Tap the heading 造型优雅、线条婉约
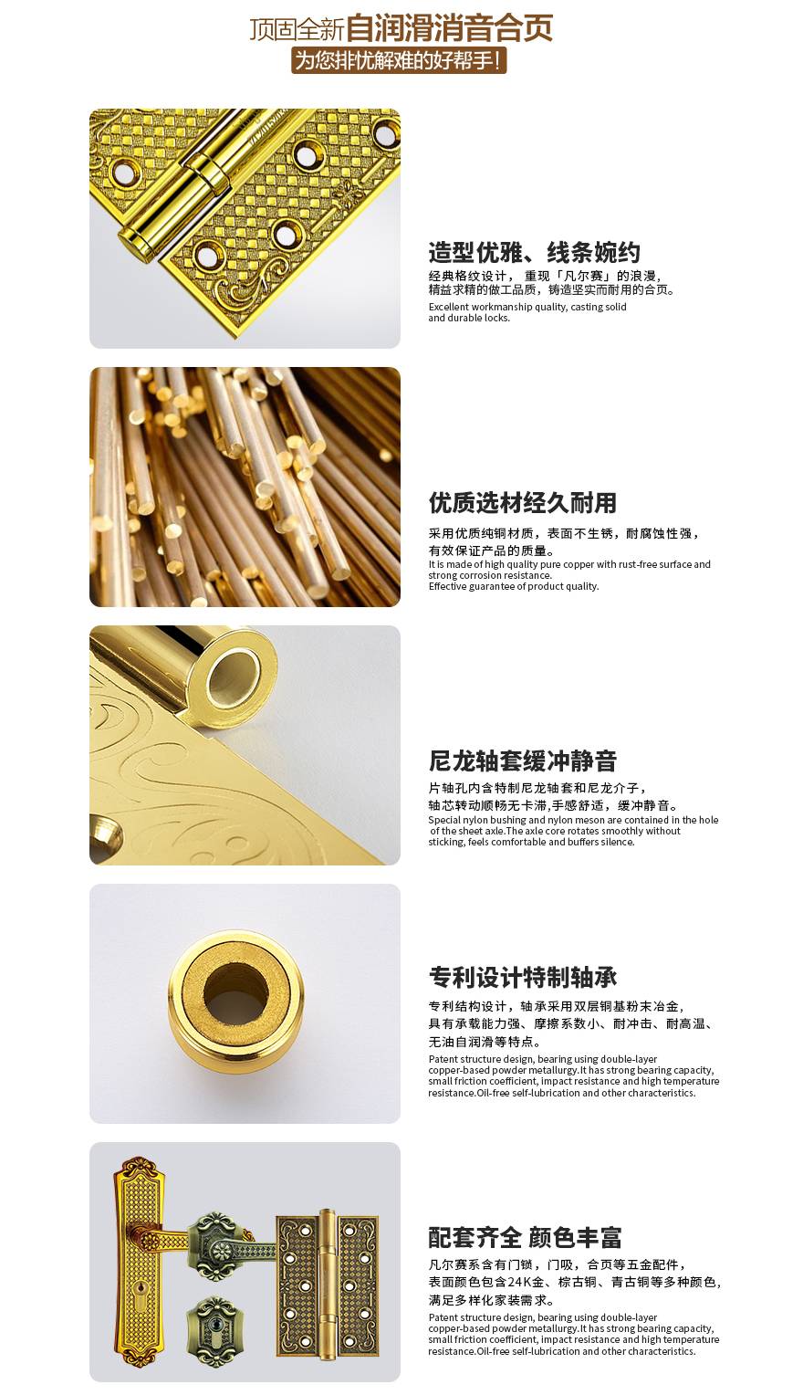(x=534, y=252)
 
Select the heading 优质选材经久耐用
(x=522, y=502)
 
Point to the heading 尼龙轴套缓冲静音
(x=522, y=760)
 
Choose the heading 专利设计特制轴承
(x=522, y=977)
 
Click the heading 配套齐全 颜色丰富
(x=525, y=1237)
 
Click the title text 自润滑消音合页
(x=449, y=28)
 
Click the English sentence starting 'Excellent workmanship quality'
(x=527, y=312)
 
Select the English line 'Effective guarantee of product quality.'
(x=514, y=586)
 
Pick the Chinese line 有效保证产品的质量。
(x=492, y=551)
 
